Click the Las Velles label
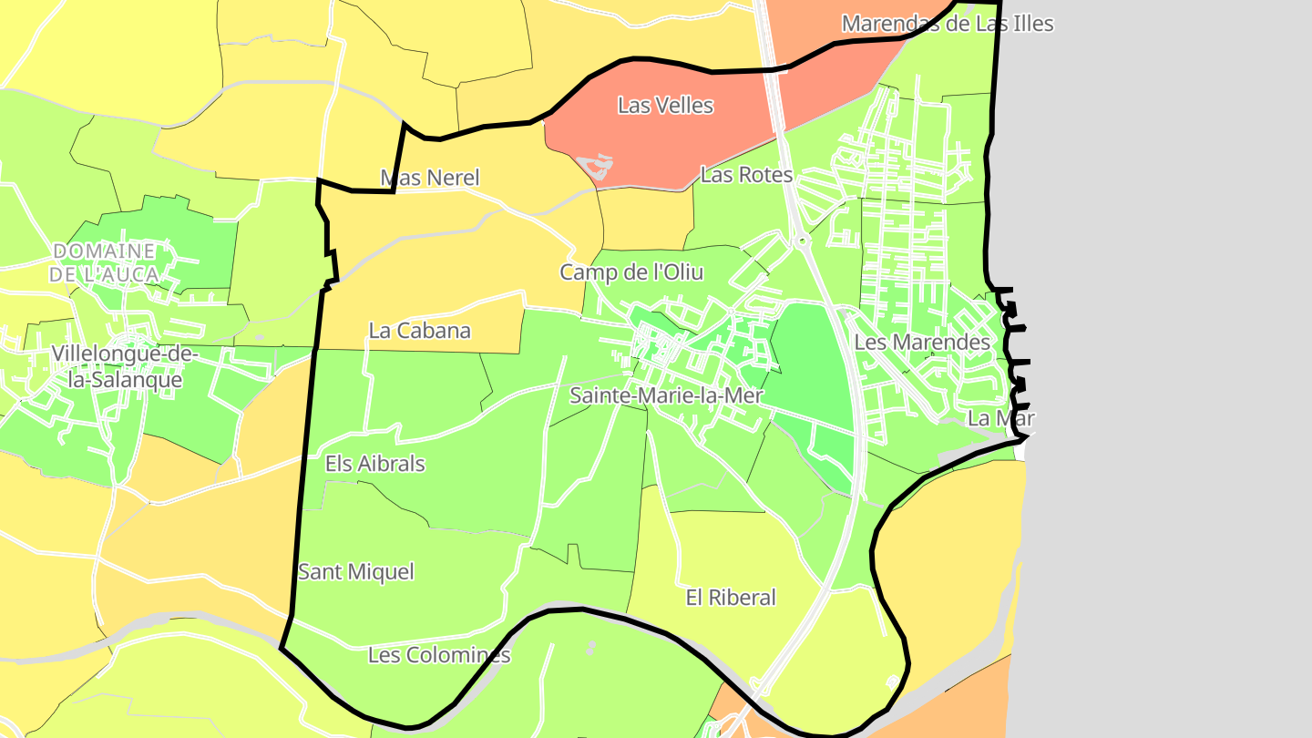(x=665, y=106)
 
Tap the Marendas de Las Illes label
(x=947, y=24)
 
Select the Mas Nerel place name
(x=430, y=178)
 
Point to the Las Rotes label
(x=746, y=175)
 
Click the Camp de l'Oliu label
(x=631, y=272)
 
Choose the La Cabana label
(x=419, y=331)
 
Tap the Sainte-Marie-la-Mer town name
(x=666, y=395)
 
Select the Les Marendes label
(x=922, y=343)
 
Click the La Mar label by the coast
(x=1001, y=419)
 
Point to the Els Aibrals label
(x=375, y=464)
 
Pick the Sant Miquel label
(x=356, y=572)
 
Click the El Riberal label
(x=731, y=598)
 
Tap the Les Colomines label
(x=439, y=655)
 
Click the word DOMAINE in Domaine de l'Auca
(x=104, y=251)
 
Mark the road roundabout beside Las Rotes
(x=802, y=241)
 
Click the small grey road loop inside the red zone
(x=599, y=165)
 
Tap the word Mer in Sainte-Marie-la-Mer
(x=743, y=395)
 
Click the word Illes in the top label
(x=1028, y=24)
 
